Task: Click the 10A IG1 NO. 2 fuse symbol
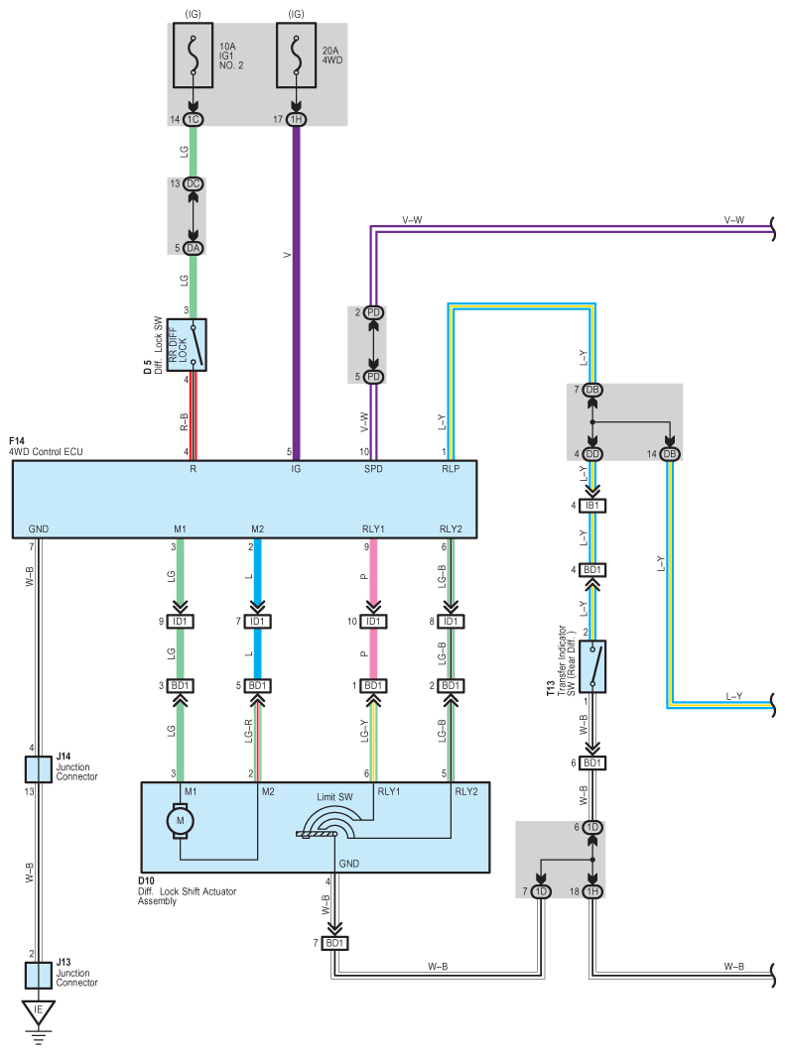click(194, 56)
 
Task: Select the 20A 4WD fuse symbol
click(296, 56)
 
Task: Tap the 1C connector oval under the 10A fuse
click(194, 120)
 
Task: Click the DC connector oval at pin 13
click(194, 183)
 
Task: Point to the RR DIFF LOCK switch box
click(187, 345)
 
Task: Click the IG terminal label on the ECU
click(296, 469)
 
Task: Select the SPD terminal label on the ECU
click(373, 469)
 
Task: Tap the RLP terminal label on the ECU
click(451, 469)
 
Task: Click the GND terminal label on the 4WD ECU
click(39, 529)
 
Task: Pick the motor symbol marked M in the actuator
click(181, 821)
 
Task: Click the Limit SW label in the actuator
click(335, 797)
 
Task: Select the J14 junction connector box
click(39, 769)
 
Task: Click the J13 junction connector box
click(39, 976)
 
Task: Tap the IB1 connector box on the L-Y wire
click(592, 506)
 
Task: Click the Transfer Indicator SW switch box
click(592, 666)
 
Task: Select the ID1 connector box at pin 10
click(373, 621)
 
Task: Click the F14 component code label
click(17, 441)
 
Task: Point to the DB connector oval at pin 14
click(670, 454)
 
